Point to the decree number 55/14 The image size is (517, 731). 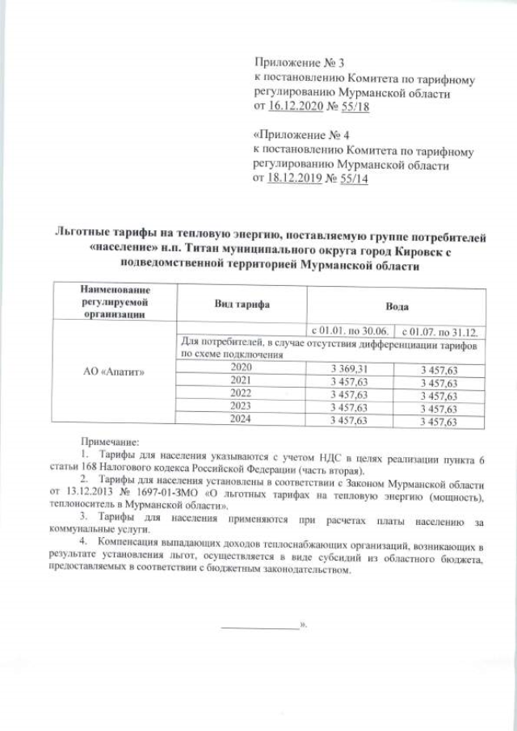tap(351, 179)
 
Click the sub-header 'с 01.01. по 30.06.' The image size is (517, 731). tap(351, 331)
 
